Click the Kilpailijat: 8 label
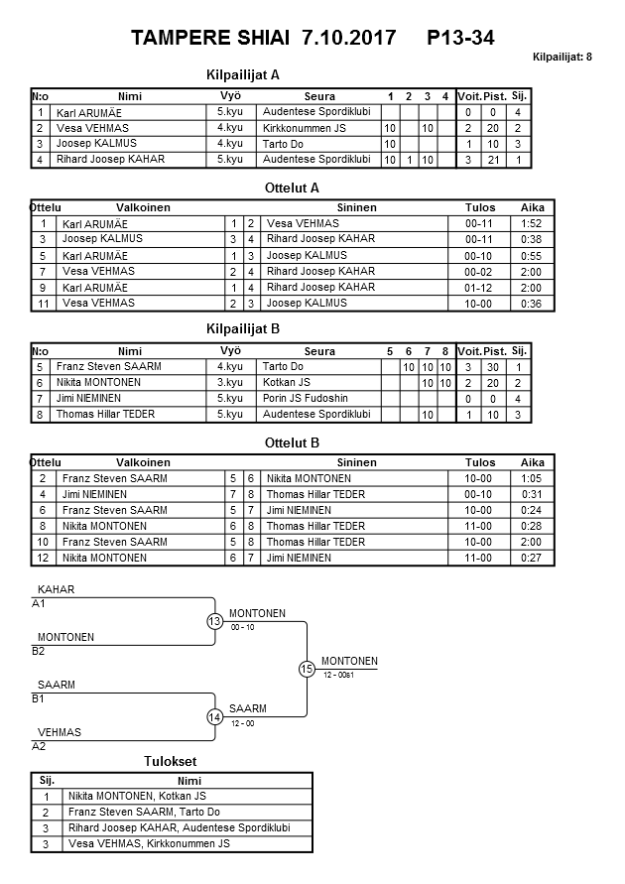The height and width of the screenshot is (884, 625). [562, 58]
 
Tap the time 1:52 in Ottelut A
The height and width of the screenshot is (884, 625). [532, 224]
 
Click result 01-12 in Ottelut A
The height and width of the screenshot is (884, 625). [479, 288]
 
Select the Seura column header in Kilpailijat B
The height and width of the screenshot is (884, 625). [319, 351]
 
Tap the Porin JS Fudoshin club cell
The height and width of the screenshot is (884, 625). [308, 399]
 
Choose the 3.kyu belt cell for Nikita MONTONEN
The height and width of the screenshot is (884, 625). [230, 383]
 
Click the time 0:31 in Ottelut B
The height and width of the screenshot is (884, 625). [532, 494]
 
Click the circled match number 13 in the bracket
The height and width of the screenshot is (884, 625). [214, 622]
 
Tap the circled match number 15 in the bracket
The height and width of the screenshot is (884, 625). [307, 670]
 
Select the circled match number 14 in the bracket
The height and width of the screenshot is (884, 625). [214, 717]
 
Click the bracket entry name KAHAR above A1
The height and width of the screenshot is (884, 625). [57, 590]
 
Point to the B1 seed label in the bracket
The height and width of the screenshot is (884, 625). [39, 698]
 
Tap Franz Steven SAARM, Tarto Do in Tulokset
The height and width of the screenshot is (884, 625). [144, 812]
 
